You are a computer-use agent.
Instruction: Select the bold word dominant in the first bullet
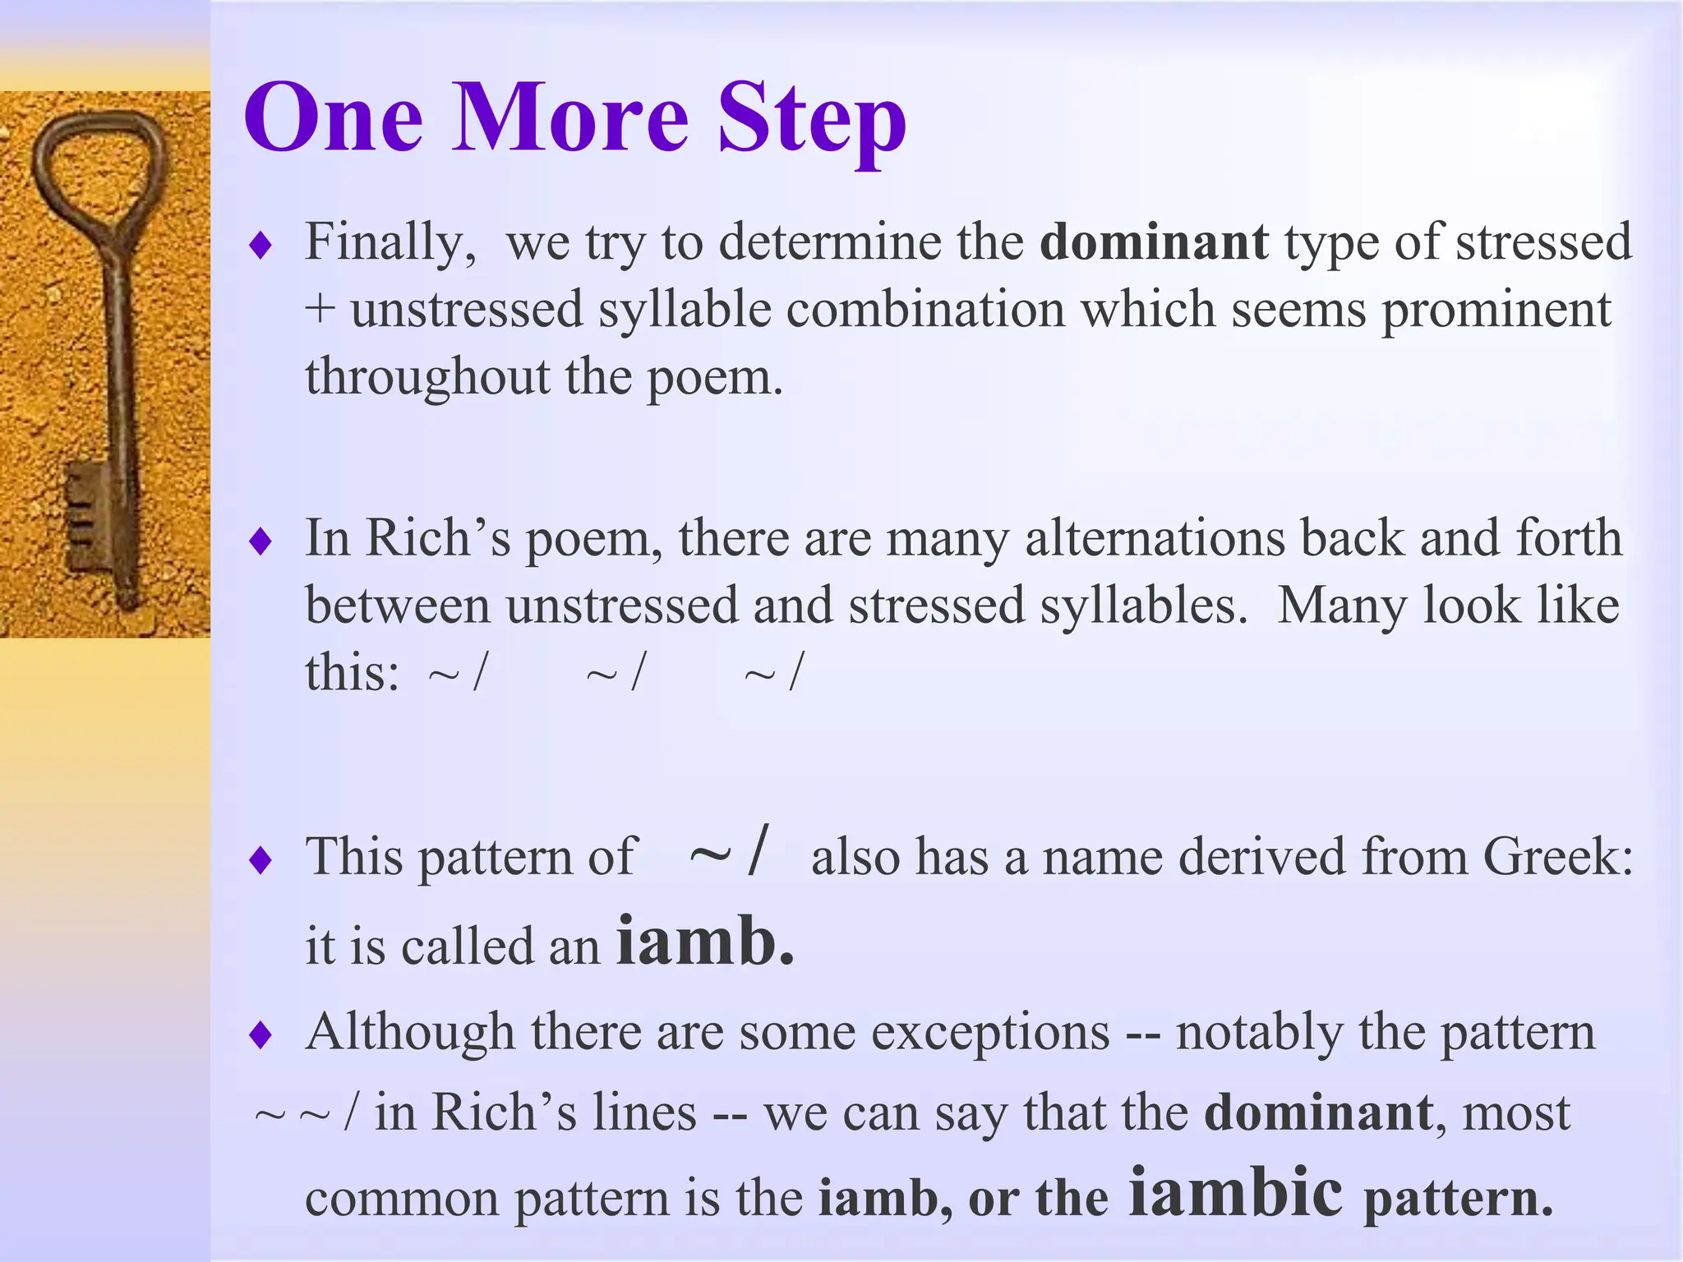1154,242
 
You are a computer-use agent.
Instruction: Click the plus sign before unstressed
320,311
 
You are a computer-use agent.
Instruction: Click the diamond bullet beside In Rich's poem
261,541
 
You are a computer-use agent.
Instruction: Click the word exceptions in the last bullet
990,1033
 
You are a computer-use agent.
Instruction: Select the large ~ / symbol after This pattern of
728,854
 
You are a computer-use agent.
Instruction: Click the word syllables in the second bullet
1143,606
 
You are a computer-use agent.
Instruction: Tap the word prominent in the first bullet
1496,311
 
